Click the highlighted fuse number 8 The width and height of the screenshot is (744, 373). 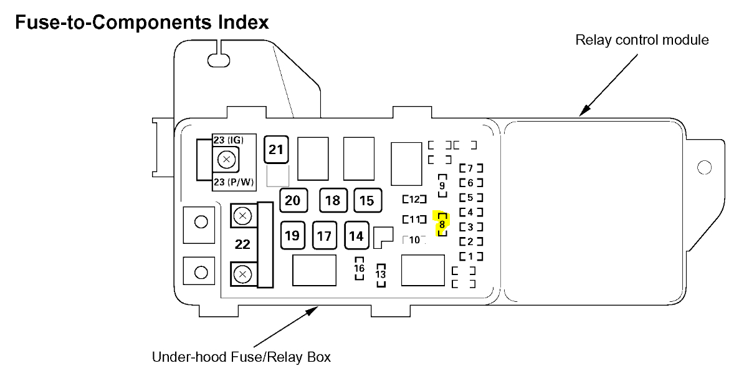pos(442,224)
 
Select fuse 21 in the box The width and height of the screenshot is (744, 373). pos(276,150)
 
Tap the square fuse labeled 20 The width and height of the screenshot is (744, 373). pos(292,200)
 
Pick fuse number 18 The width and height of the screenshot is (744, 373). pos(333,200)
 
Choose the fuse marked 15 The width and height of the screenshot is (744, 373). pos(367,200)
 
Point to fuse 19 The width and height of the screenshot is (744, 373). pos(292,236)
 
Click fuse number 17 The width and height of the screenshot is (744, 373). pos(324,236)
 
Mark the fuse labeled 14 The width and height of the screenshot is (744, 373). pos(356,236)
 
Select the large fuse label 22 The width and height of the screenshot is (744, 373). pos(242,245)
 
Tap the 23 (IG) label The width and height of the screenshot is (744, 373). pos(229,140)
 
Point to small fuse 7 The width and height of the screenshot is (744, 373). pos(470,168)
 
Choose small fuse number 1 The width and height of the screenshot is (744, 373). pos(470,256)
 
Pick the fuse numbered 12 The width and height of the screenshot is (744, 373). pos(414,200)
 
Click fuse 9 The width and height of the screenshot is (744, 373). pos(442,185)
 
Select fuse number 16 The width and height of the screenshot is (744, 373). pos(360,268)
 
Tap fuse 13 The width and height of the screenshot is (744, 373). pos(381,274)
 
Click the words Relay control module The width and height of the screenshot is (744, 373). pos(642,41)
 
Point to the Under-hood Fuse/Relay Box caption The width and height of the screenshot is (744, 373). pos(241,357)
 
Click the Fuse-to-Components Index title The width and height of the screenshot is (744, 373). pos(141,23)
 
